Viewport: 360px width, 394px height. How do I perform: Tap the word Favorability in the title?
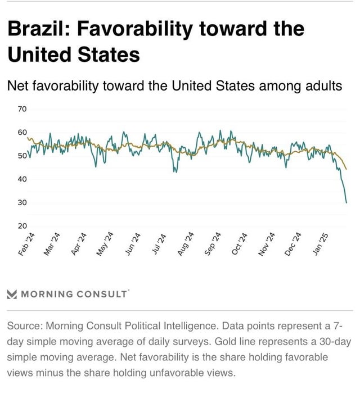(x=141, y=29)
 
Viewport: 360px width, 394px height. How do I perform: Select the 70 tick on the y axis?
(x=22, y=108)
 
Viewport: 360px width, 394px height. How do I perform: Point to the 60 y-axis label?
(x=22, y=132)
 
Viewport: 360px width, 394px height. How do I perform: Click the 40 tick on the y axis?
(x=22, y=179)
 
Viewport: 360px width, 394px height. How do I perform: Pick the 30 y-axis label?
(x=22, y=202)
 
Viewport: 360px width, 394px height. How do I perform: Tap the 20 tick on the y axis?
(x=22, y=225)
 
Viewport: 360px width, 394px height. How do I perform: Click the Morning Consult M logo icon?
(x=12, y=294)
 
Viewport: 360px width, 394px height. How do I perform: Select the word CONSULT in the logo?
(x=102, y=294)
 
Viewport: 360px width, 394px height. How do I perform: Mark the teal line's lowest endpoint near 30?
(x=346, y=202)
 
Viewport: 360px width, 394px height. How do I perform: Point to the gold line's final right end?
(x=346, y=169)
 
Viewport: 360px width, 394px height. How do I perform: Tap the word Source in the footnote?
(x=23, y=326)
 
